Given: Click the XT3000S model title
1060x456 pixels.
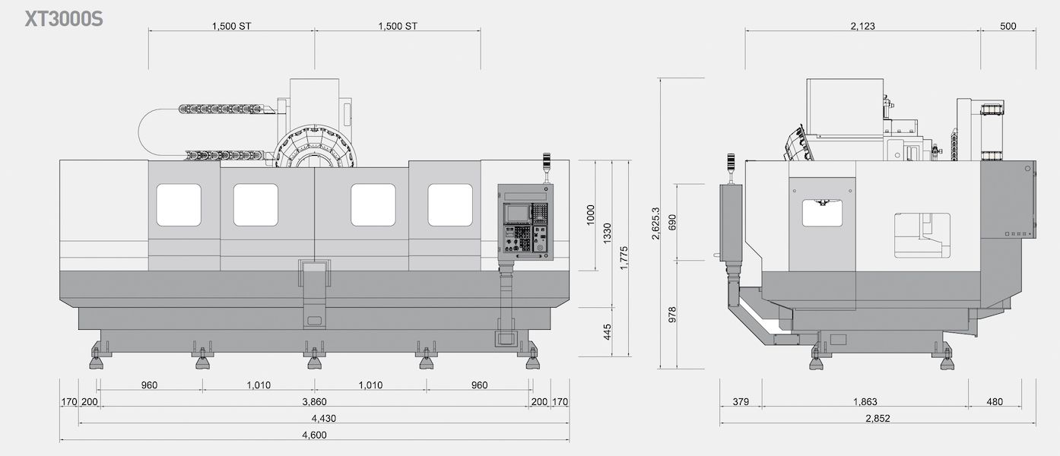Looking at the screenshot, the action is pyautogui.click(x=63, y=20).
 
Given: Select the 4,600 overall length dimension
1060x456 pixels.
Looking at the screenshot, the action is pyautogui.click(x=314, y=435).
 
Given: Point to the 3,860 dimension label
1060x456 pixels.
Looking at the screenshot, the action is pyautogui.click(x=314, y=401).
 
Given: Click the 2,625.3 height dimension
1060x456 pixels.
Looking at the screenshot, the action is pyautogui.click(x=655, y=223).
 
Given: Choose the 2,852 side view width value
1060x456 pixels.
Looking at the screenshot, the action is pyautogui.click(x=878, y=418).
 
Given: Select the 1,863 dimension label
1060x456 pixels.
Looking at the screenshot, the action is pyautogui.click(x=865, y=401).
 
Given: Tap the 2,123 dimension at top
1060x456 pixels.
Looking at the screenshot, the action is pyautogui.click(x=862, y=26).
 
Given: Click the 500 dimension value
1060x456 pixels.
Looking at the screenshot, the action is pyautogui.click(x=1008, y=26).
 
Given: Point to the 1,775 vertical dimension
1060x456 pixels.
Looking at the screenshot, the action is pyautogui.click(x=624, y=258).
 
